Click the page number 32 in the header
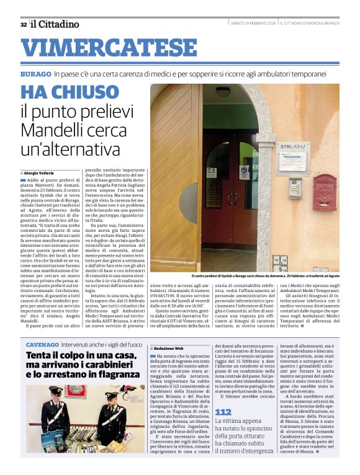click(x=23, y=24)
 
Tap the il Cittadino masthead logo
click(x=55, y=24)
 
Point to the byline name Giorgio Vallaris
click(x=43, y=173)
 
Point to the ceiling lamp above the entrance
click(x=223, y=91)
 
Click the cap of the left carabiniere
click(x=55, y=392)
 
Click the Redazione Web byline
click(x=171, y=349)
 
